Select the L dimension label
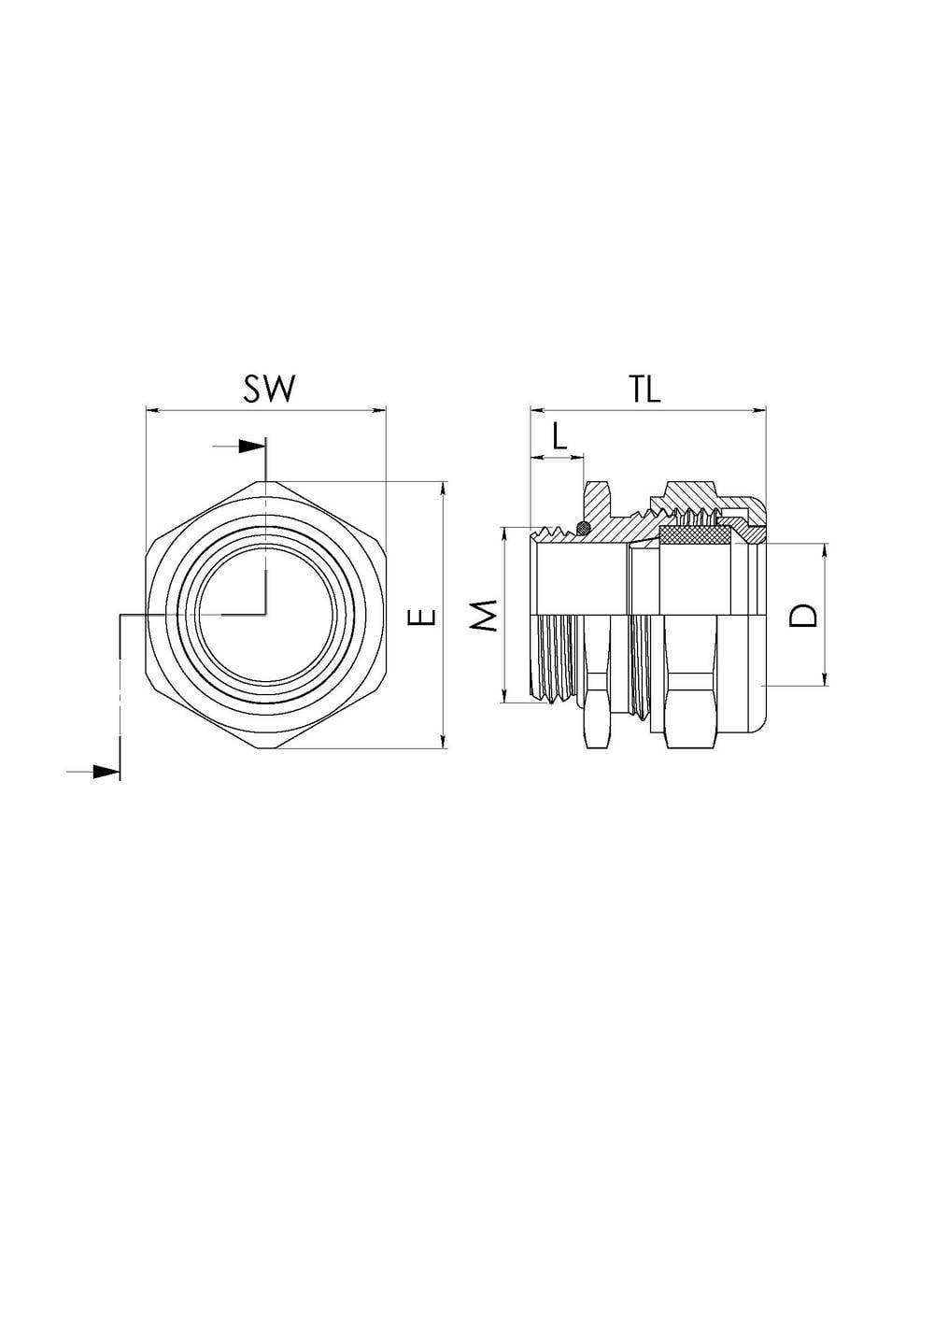coord(559,436)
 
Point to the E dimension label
coord(422,617)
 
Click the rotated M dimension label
coord(487,616)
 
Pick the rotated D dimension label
coord(803,616)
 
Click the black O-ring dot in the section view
coord(583,527)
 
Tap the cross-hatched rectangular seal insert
coord(697,535)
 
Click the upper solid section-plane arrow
coord(251,447)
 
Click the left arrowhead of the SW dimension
coord(153,409)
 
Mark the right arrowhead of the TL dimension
coord(758,409)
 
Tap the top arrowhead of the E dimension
coord(444,489)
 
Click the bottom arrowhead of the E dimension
coord(444,741)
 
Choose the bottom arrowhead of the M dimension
coord(503,695)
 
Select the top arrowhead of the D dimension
coord(825,551)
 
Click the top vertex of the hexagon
coord(266,481)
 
